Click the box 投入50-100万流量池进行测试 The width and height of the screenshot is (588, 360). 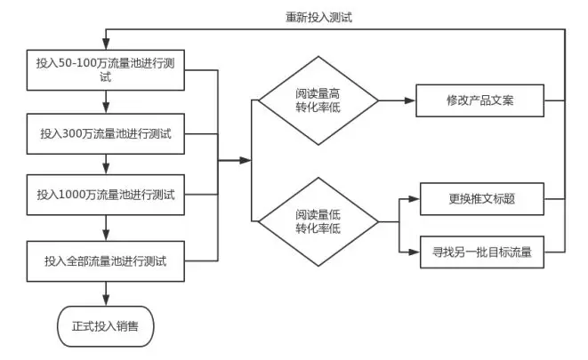(x=105, y=70)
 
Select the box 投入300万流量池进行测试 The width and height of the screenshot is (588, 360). (x=105, y=133)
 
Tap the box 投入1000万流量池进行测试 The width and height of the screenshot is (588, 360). (x=105, y=195)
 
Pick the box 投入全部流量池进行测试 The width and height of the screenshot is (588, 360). (x=105, y=261)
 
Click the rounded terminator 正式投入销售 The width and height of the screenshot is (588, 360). (x=105, y=326)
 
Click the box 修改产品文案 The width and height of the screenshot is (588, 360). (x=479, y=100)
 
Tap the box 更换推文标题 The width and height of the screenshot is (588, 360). (x=482, y=199)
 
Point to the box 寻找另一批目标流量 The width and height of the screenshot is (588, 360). (x=482, y=252)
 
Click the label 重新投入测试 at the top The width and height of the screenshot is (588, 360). (x=318, y=17)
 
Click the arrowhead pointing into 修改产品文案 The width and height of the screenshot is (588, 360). (x=410, y=100)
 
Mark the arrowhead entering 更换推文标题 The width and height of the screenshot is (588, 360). (x=414, y=199)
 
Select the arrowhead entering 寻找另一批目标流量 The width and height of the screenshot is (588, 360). (x=414, y=252)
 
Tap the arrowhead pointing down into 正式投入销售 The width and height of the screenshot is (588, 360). (x=106, y=300)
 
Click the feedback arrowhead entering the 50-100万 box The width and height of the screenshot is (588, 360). (x=106, y=44)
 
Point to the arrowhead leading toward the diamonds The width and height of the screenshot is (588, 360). (x=246, y=160)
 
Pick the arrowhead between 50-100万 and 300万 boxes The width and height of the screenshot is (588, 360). (x=106, y=108)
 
